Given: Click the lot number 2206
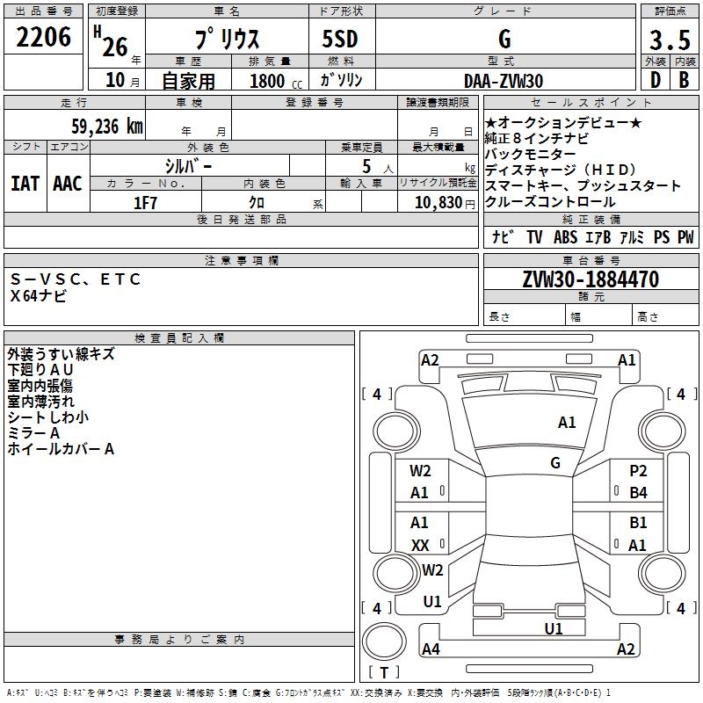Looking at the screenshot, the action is [x=44, y=38].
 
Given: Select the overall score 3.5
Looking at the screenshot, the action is [x=668, y=41].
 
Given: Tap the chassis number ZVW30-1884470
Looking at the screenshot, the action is [x=591, y=279].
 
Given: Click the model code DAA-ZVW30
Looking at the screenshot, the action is [x=504, y=81].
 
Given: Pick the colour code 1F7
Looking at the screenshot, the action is [x=145, y=203].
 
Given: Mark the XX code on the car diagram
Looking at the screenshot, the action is [x=420, y=545].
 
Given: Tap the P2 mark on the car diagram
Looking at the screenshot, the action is [x=638, y=471].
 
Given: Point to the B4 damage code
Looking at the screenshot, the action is [x=638, y=493].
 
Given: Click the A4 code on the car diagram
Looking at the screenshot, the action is [x=431, y=649].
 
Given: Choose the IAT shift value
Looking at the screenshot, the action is [x=25, y=184].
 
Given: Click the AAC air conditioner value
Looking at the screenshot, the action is [x=67, y=184].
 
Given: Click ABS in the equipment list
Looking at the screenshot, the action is [x=566, y=237].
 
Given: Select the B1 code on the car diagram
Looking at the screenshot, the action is [x=638, y=523].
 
